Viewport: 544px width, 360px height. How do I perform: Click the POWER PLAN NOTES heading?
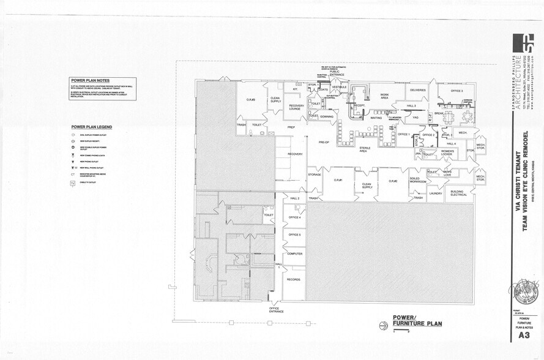click(90, 81)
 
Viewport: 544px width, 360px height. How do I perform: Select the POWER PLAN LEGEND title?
click(91, 127)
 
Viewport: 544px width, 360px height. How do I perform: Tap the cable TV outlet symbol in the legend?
click(73, 183)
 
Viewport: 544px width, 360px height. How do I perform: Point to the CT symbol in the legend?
click(73, 174)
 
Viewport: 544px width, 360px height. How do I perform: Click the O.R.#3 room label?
click(250, 99)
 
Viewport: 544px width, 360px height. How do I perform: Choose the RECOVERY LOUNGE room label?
click(296, 107)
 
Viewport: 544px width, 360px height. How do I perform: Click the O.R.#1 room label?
click(337, 181)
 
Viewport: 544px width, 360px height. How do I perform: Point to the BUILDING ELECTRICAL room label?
click(458, 193)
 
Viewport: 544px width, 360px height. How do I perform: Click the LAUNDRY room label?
click(435, 193)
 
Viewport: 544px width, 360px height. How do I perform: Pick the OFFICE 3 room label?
click(456, 91)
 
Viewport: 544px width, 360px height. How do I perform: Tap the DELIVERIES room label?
click(418, 91)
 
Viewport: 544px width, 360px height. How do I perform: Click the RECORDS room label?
click(293, 279)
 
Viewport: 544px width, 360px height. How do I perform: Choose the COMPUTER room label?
click(294, 253)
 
